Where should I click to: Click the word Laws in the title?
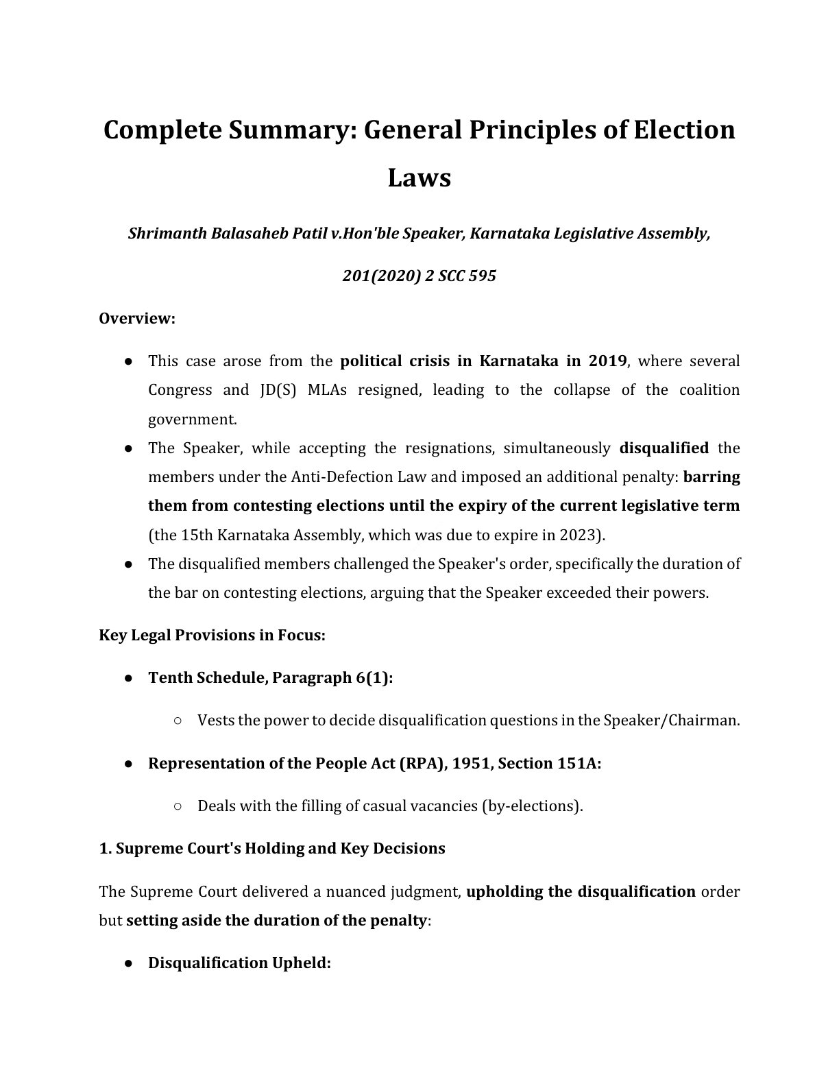[x=419, y=178]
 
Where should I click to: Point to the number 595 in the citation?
[x=482, y=276]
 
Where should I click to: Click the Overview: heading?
[x=137, y=319]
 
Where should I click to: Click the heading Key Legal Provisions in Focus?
[x=212, y=635]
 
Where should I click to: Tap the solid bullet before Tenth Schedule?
[x=128, y=677]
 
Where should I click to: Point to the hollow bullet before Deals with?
[x=178, y=806]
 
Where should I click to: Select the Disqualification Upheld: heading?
[x=239, y=963]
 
